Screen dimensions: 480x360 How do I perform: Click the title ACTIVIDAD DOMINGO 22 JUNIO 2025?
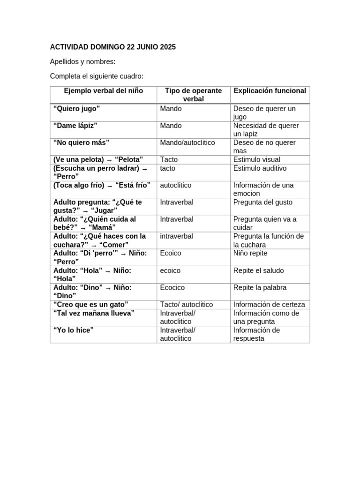pos(112,47)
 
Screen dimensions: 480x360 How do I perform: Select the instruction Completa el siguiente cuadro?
pos(97,76)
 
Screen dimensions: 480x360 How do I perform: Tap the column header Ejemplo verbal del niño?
pos(104,91)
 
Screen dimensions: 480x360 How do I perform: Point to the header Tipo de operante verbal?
pos(193,95)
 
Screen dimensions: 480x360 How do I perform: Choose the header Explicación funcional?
pos(270,91)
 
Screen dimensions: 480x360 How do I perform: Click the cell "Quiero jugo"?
pos(77,109)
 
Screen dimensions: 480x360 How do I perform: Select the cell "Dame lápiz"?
pos(75,126)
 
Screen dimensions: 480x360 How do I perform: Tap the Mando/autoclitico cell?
pos(187,142)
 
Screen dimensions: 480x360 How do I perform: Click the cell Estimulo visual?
pos(256,160)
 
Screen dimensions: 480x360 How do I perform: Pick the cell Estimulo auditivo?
pos(260,168)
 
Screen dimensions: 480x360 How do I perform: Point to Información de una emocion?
pos(263,189)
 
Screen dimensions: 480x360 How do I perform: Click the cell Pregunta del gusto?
pos(262,202)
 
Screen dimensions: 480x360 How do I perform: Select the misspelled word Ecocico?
pos(172,287)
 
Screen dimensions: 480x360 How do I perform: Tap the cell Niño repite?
pos(250,253)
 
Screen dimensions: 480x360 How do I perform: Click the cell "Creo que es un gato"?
pos(91,305)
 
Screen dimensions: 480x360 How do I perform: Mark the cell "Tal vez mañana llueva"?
pos(94,313)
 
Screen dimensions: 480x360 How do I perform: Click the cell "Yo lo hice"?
pos(74,330)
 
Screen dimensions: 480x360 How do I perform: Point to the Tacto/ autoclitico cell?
pos(187,305)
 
